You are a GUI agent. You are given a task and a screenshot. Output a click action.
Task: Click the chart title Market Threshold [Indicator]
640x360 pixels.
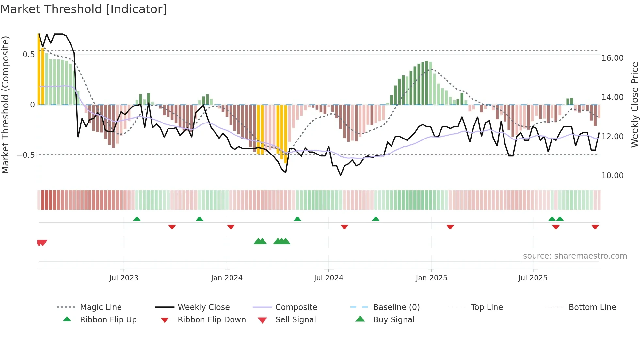[x=84, y=9]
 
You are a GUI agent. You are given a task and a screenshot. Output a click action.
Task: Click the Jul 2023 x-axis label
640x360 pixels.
[x=124, y=278]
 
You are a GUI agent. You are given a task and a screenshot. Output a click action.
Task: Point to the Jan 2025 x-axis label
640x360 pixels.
[x=431, y=278]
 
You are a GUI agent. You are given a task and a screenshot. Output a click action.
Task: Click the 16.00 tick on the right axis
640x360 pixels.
[x=612, y=58]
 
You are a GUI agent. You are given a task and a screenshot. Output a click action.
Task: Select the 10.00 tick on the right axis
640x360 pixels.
[x=612, y=176]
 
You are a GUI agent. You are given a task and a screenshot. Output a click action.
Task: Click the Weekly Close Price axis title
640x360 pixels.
[x=634, y=105]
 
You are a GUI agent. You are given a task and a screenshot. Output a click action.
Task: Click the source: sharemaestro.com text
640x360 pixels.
[x=575, y=256]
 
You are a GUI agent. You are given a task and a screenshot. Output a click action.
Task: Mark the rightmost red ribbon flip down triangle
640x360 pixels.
[x=595, y=227]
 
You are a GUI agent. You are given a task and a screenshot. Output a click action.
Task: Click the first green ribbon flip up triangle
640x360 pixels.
[x=137, y=219]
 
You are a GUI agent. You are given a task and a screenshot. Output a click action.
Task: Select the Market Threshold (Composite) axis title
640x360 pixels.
[x=5, y=105]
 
